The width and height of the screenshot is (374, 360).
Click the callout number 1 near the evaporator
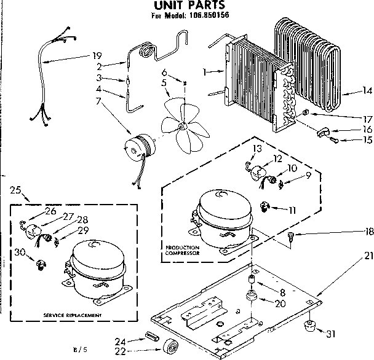204,72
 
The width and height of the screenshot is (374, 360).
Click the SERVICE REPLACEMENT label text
73,315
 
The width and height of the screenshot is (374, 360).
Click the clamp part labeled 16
324,130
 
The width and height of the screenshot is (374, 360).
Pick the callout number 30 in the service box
20,252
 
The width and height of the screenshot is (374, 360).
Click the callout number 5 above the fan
164,82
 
